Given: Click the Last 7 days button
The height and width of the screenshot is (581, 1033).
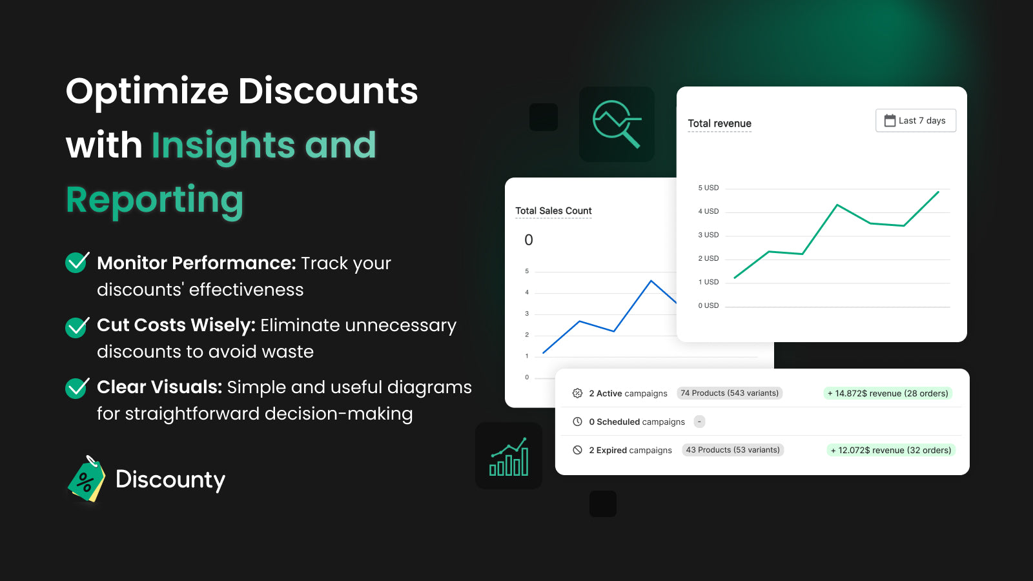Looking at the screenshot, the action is click(915, 120).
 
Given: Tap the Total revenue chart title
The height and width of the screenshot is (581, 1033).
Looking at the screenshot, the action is click(719, 123).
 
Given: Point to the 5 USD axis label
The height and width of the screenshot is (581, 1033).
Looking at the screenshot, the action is click(708, 188).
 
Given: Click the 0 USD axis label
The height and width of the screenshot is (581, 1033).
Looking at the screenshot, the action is click(708, 305).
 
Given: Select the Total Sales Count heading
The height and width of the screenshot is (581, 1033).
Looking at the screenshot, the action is click(553, 210).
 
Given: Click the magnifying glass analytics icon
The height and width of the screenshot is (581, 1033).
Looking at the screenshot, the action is click(617, 124).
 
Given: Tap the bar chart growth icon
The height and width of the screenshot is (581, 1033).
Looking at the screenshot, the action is click(509, 456).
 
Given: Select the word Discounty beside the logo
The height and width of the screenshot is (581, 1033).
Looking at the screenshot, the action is click(170, 480).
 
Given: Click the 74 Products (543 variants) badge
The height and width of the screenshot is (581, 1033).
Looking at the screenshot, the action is click(730, 393).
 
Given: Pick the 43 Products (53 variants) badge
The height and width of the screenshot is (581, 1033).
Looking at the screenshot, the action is click(733, 449).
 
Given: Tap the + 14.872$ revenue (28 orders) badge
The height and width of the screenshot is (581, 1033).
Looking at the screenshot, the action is click(888, 393).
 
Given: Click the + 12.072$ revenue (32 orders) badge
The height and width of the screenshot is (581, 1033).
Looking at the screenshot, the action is click(891, 450).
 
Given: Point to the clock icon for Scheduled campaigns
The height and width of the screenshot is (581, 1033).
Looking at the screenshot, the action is click(577, 422).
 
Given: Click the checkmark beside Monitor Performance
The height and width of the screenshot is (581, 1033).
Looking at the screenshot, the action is click(77, 262).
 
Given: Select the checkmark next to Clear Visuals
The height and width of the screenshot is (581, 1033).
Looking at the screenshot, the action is click(77, 387).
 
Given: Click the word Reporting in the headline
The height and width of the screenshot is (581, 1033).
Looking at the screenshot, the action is click(154, 199).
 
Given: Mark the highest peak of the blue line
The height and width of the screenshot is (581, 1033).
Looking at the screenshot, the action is click(651, 280).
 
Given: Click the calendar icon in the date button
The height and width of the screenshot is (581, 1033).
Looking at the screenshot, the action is click(890, 120).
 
